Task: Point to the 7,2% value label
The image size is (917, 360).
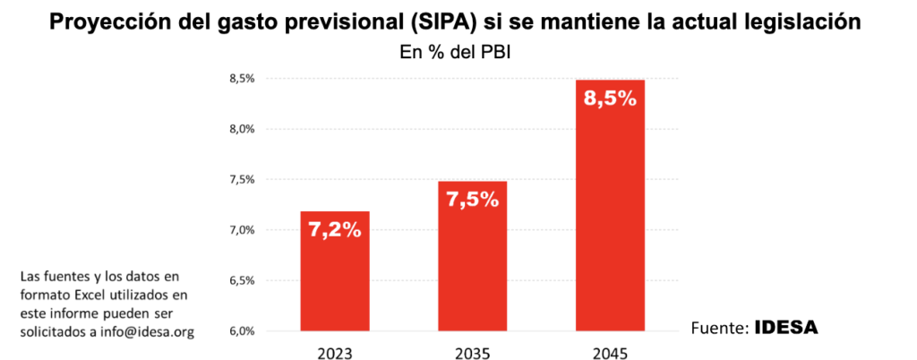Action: pos(335,230)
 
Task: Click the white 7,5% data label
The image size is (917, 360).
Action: pos(473,199)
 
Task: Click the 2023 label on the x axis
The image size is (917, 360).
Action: pos(335,352)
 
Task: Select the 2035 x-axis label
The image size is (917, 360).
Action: pos(473,352)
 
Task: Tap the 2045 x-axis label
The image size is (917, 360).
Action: pos(610,352)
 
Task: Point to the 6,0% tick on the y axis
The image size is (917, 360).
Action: pos(243,331)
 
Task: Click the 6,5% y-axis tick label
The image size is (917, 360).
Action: pos(243,281)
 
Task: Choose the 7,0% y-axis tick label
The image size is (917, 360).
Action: pos(243,230)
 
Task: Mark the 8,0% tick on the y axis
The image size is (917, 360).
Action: pos(243,129)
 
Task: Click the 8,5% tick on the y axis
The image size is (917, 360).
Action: pos(243,79)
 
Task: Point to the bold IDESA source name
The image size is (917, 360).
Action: pos(786,328)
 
